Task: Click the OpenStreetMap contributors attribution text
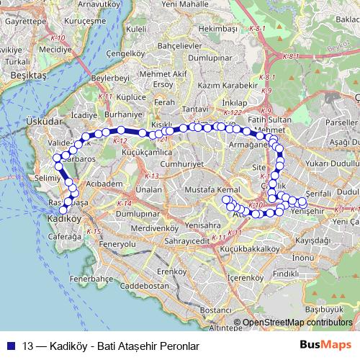pos(296,323)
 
